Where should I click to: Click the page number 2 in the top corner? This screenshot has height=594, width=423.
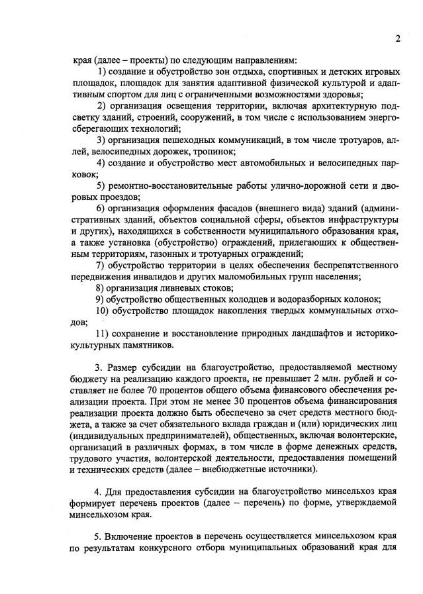(x=399, y=38)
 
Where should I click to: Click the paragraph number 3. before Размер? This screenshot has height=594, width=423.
(x=99, y=368)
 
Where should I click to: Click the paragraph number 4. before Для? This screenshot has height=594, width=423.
(x=99, y=492)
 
